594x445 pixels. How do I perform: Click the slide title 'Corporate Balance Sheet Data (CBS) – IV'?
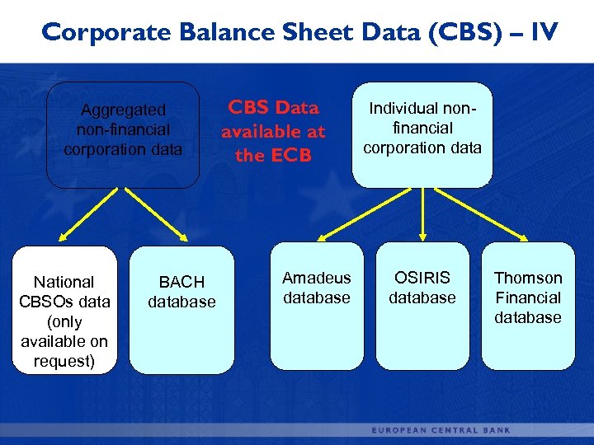[299, 32]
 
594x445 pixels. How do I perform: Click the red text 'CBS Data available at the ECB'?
[273, 132]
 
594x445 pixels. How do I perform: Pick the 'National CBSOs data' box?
[64, 310]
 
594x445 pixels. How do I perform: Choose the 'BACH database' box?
[181, 310]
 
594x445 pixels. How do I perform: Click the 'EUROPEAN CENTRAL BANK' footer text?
[441, 430]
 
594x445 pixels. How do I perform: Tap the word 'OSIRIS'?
[422, 279]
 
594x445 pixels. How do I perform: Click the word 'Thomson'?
[528, 279]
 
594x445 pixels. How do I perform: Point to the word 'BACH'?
[181, 283]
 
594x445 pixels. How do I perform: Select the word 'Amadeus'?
[317, 279]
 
